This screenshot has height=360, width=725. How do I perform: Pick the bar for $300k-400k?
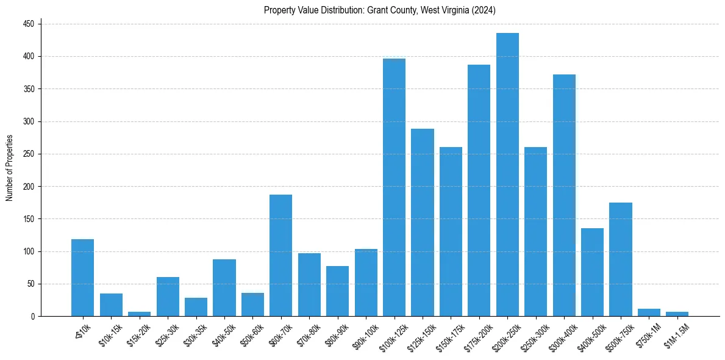click(x=564, y=195)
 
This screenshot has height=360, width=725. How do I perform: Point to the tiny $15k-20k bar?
click(x=139, y=314)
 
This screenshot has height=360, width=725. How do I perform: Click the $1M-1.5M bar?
click(x=677, y=314)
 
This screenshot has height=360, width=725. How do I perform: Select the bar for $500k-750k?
click(x=621, y=259)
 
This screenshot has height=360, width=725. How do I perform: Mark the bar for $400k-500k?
click(x=592, y=272)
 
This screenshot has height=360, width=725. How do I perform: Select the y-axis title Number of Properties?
click(x=10, y=168)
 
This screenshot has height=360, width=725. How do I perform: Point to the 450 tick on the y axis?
click(x=29, y=24)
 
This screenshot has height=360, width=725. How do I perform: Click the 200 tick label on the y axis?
click(x=29, y=121)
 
